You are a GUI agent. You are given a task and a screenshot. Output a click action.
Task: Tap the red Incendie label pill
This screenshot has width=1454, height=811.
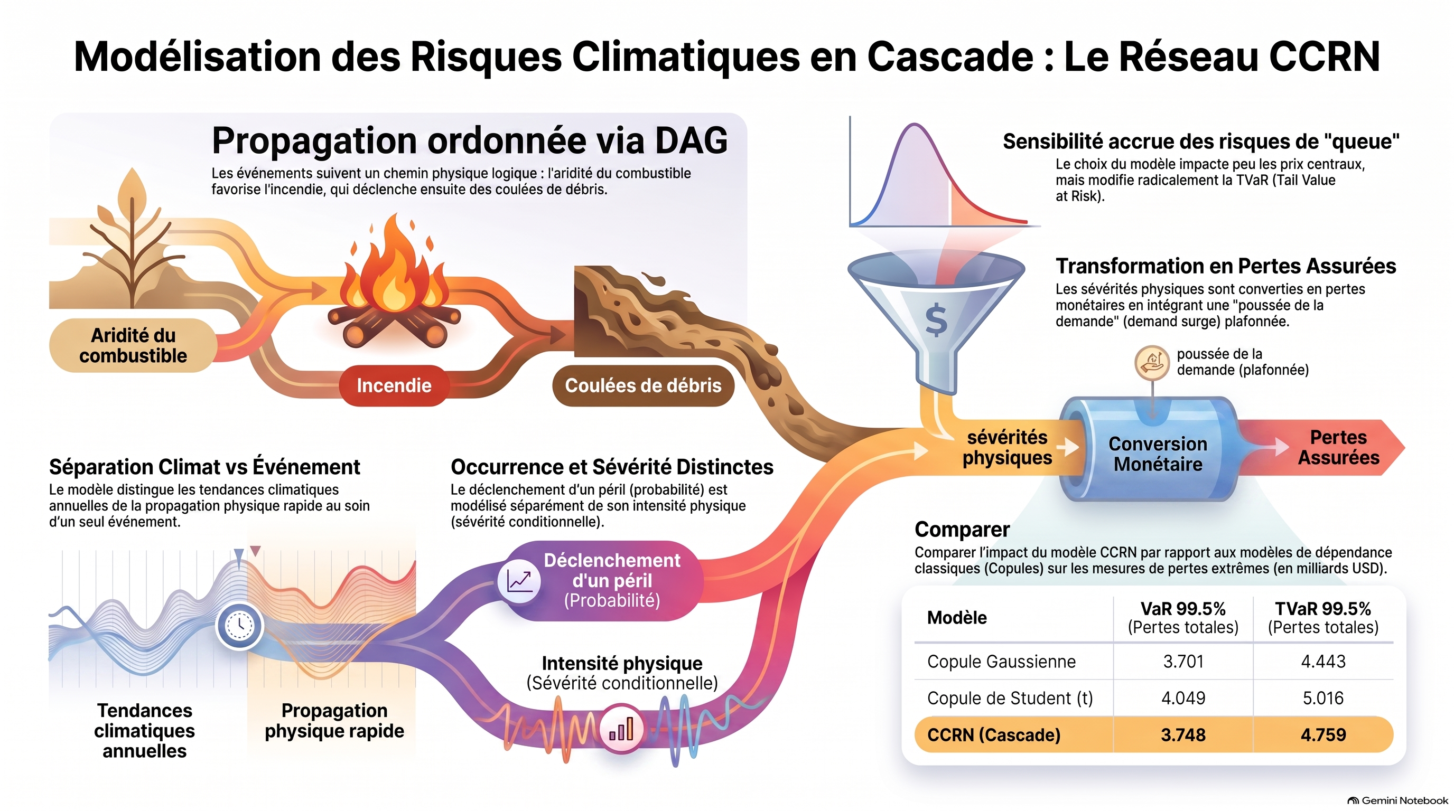[394, 386]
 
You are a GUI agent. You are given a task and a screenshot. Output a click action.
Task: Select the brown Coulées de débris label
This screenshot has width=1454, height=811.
[643, 386]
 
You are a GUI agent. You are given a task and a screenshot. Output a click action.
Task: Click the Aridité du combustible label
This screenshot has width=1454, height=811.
[133, 345]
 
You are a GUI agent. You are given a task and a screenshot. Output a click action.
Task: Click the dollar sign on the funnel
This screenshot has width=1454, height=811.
[936, 319]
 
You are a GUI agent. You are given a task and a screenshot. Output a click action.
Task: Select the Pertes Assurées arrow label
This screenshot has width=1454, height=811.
[1338, 447]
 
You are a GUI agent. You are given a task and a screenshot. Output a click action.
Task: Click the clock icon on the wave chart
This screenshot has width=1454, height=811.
[239, 626]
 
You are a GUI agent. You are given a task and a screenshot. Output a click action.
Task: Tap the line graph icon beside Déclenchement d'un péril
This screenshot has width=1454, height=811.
[519, 581]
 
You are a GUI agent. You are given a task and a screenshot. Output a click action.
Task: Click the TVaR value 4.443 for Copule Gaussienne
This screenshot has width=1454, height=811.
[1323, 661]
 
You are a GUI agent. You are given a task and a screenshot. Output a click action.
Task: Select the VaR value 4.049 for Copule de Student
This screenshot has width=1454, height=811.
[1183, 697]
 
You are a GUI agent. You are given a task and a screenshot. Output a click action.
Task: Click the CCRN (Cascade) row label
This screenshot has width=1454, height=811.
[993, 735]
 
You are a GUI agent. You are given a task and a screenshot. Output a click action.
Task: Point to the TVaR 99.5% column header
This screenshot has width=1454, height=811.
[1323, 618]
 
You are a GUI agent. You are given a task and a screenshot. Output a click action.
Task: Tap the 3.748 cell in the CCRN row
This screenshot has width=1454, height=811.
[1183, 735]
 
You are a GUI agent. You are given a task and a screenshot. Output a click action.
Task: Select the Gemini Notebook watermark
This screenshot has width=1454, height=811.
[1397, 800]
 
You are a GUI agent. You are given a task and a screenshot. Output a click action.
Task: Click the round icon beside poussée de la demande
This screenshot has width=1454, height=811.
[1151, 362]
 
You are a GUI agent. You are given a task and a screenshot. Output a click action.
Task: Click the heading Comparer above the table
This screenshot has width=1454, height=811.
[962, 530]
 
